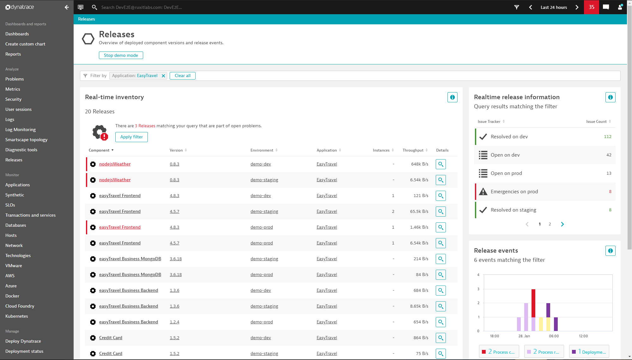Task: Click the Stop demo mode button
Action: [x=121, y=55]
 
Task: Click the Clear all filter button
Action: [x=182, y=76]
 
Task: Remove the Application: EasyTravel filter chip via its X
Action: [x=163, y=76]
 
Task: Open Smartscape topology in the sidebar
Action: [x=26, y=140]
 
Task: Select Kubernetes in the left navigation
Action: [x=16, y=316]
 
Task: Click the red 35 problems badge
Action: [x=591, y=7]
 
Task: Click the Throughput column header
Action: [x=413, y=150]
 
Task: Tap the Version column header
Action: [x=176, y=150]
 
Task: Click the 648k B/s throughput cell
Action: [x=419, y=164]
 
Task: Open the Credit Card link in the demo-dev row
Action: [x=111, y=338]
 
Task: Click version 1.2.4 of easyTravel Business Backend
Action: [x=174, y=322]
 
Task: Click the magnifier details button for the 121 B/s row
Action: [x=441, y=196]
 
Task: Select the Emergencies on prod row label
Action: [x=514, y=192]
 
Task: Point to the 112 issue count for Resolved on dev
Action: [x=607, y=137]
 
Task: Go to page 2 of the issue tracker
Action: [x=550, y=224]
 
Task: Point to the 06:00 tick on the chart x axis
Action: [x=554, y=336]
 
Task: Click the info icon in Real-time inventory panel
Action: [x=452, y=97]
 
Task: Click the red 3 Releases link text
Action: [x=145, y=126]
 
